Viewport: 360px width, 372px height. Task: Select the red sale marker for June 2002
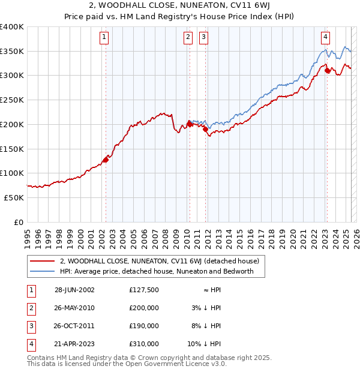coord(106,160)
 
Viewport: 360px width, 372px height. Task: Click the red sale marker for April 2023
coord(327,71)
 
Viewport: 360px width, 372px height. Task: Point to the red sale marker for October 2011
coord(205,129)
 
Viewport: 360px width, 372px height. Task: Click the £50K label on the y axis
coord(14,197)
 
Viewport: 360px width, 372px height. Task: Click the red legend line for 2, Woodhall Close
coord(42,262)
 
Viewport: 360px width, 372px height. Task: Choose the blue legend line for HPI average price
coord(42,271)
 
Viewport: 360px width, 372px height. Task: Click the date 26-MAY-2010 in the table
coord(74,308)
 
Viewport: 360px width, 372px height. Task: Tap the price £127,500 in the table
coord(144,290)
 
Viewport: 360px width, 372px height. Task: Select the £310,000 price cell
coord(144,344)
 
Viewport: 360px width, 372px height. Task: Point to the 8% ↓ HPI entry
coord(205,326)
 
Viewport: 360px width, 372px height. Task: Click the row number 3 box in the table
coord(30,326)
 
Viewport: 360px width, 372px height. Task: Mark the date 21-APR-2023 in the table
coord(74,344)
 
